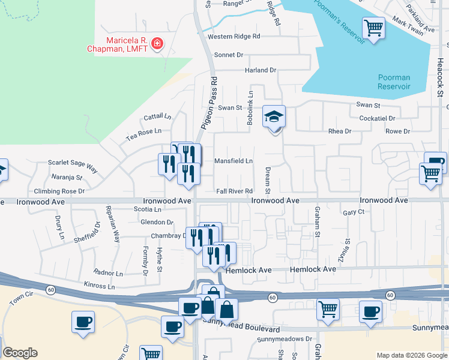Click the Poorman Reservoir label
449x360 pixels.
click(x=394, y=82)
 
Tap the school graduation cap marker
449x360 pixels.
click(x=274, y=116)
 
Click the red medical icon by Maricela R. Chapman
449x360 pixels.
click(x=157, y=44)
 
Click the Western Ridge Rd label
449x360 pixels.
click(x=234, y=37)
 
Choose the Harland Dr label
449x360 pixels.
click(x=260, y=70)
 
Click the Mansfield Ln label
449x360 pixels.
click(x=234, y=161)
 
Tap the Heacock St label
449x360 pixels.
click(x=440, y=78)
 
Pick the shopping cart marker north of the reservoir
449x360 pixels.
click(x=373, y=28)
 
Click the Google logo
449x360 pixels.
click(x=20, y=353)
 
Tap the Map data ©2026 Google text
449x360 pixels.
click(x=411, y=355)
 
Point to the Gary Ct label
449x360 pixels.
click(x=354, y=212)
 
